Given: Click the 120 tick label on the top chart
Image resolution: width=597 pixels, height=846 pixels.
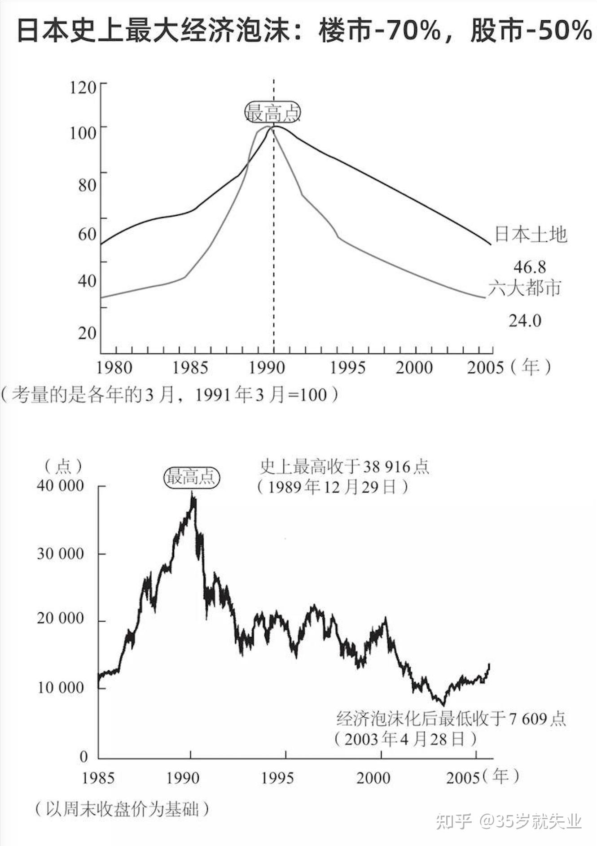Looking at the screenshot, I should point(83,87).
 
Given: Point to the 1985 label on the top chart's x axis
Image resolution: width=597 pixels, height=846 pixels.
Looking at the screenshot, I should point(190,368).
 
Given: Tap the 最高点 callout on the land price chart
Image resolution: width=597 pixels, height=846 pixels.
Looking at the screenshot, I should point(272,113).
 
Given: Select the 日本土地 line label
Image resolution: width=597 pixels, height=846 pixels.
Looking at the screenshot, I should point(531,235).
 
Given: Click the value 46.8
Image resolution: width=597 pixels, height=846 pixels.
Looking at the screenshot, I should point(530,267).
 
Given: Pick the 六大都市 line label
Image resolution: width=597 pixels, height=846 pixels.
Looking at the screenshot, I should point(524,288).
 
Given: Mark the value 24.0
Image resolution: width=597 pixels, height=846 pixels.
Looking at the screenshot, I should point(525,321).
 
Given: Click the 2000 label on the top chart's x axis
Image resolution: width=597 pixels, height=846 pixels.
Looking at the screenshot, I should point(414,368).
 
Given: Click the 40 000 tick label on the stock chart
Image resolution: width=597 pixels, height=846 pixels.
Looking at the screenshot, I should point(60,485).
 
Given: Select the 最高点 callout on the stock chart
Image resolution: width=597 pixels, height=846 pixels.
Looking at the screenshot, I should point(192,477).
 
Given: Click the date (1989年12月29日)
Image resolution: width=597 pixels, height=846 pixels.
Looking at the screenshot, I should point(333,487).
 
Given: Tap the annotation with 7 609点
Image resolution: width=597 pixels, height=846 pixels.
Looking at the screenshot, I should point(451,719).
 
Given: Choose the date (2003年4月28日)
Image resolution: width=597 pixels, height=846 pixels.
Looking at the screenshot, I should point(404,739).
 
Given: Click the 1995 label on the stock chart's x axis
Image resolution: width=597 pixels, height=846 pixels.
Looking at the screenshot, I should point(277,777).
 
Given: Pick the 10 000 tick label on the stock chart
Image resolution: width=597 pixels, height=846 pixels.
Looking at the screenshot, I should point(60,687).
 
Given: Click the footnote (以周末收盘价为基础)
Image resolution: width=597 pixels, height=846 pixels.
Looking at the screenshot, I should point(122,809).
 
